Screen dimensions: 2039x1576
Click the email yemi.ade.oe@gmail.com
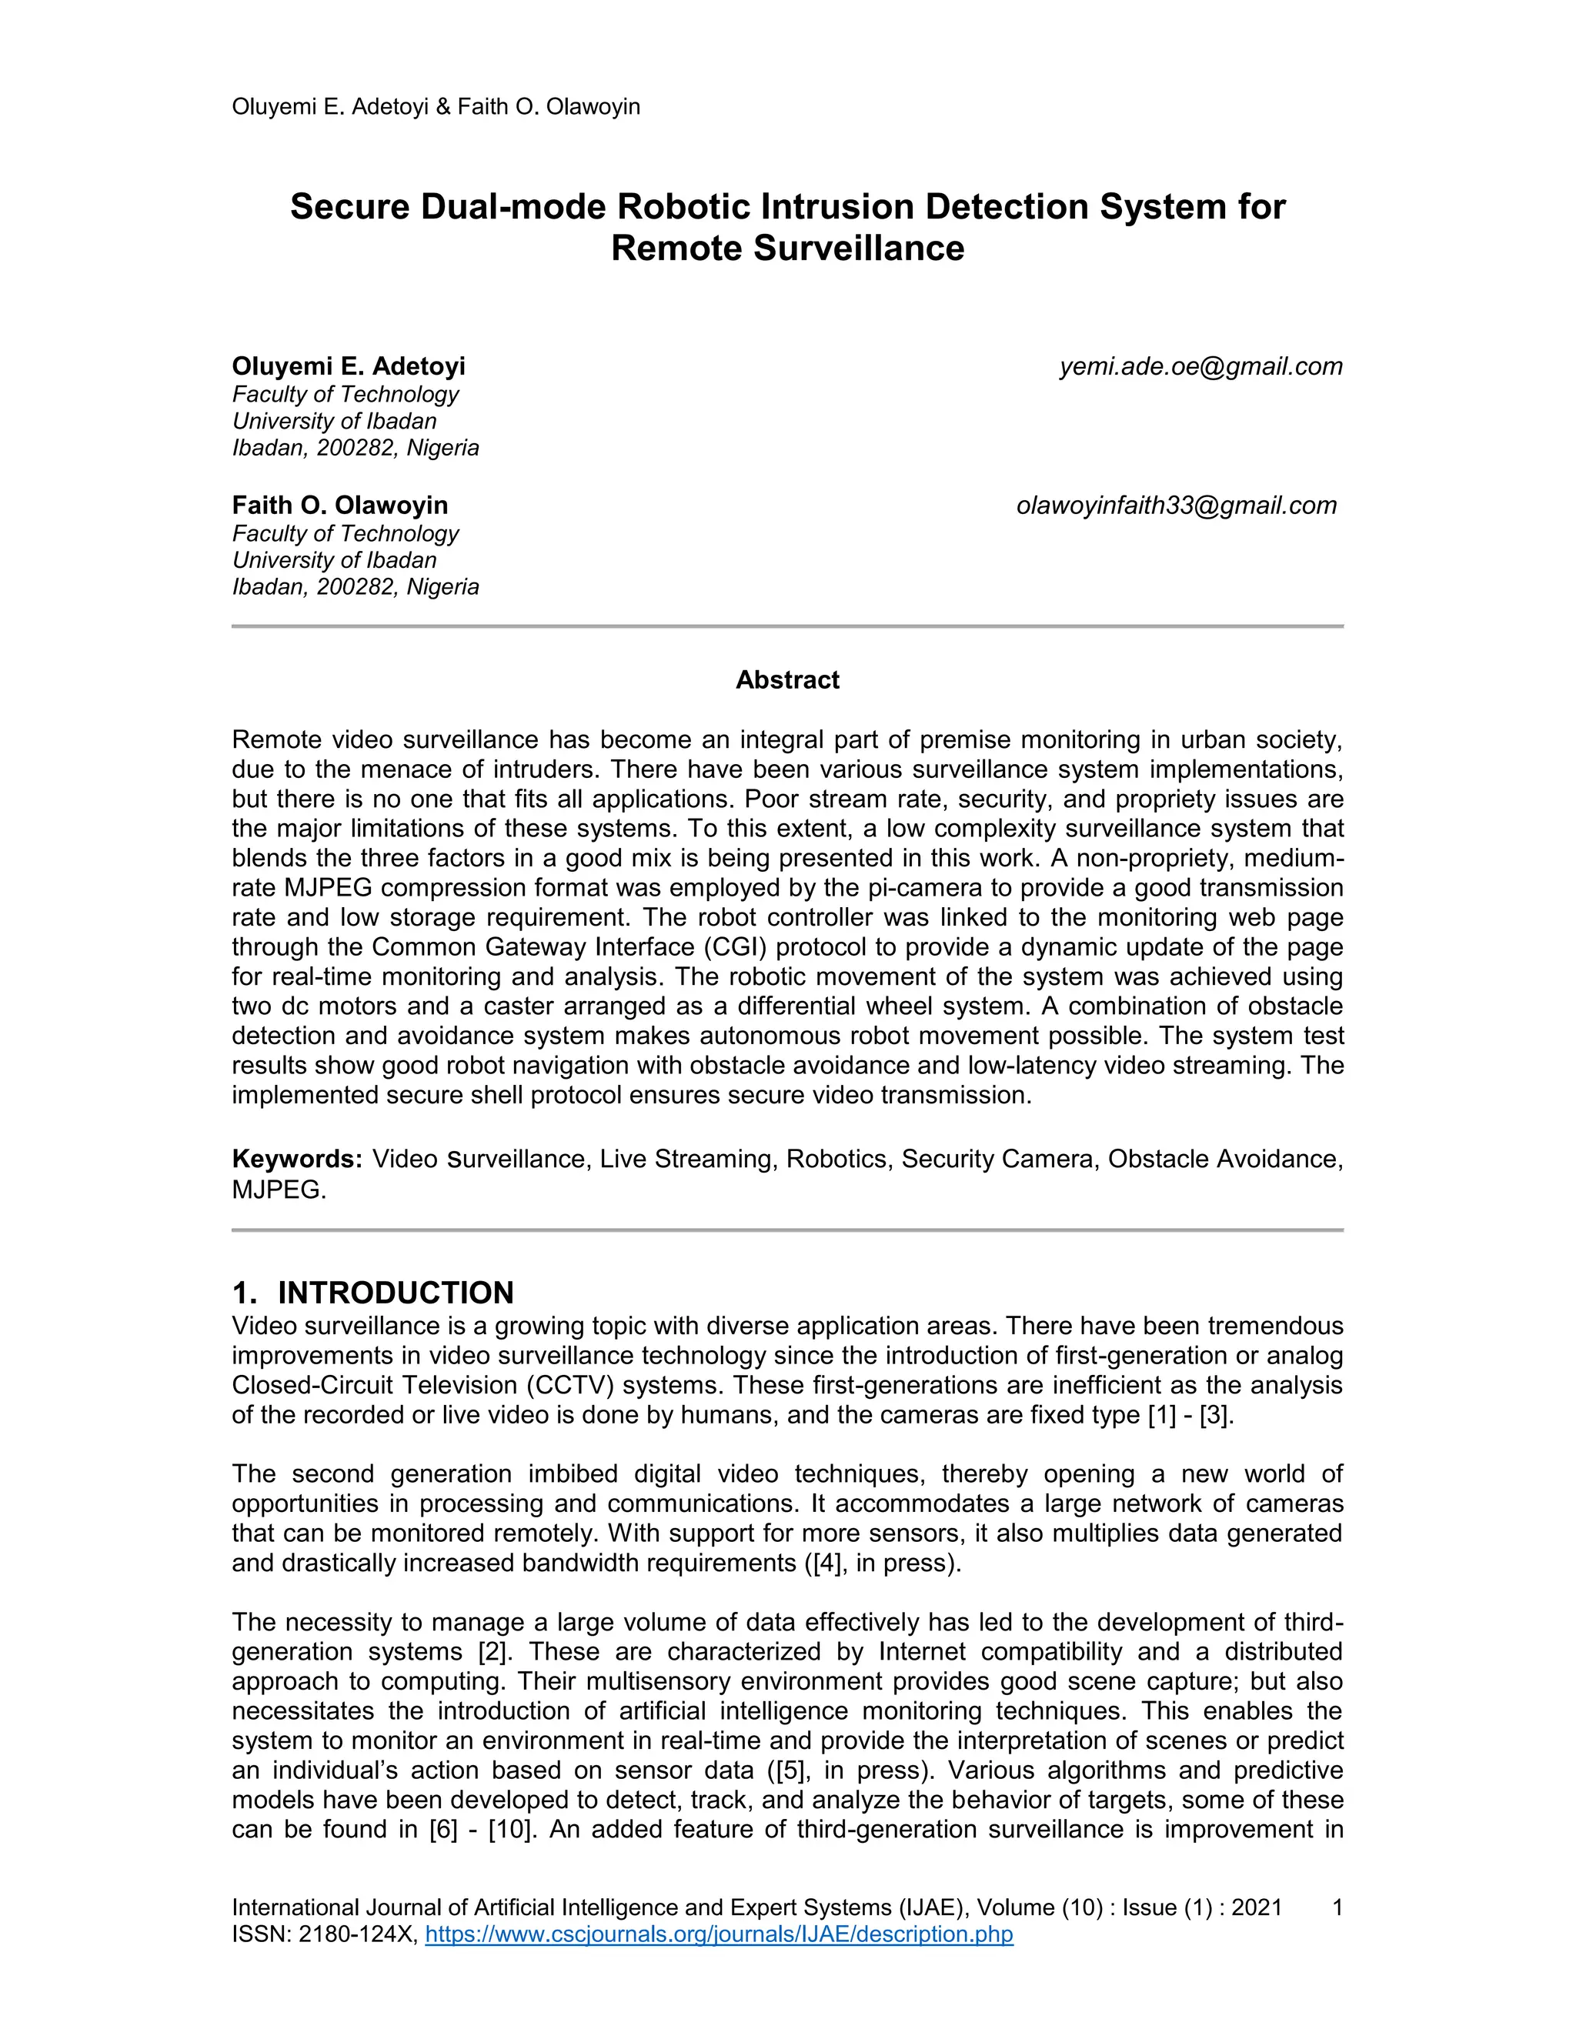click(x=1200, y=367)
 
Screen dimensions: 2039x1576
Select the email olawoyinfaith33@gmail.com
click(x=1177, y=506)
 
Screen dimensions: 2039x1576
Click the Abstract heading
click(x=787, y=679)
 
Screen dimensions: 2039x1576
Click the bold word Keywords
click(x=297, y=1160)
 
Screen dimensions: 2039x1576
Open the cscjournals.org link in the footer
click(x=719, y=1934)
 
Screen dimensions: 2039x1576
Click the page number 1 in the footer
click(x=1337, y=1907)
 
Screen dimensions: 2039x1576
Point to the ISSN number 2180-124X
click(x=356, y=1934)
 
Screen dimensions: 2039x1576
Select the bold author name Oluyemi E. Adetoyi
click(x=349, y=366)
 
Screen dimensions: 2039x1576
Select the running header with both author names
click(x=436, y=106)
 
